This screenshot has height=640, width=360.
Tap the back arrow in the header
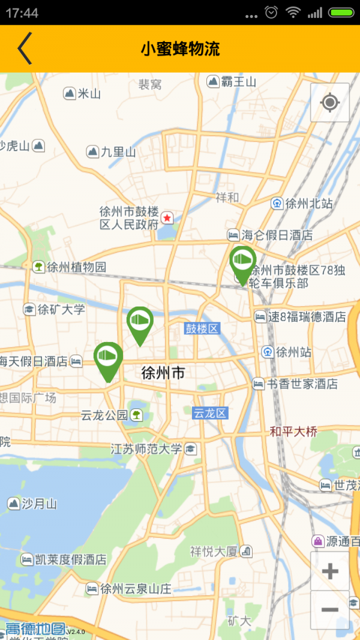(x=25, y=49)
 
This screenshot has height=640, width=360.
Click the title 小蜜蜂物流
(x=180, y=49)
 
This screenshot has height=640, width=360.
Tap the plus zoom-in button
(x=330, y=571)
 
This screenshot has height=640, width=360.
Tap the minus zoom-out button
(x=330, y=609)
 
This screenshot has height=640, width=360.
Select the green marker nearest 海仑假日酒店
(x=243, y=263)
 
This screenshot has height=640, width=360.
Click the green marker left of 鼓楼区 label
(x=140, y=323)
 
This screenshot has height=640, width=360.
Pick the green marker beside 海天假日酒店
(x=108, y=359)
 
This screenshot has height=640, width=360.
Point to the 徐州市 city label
(x=163, y=373)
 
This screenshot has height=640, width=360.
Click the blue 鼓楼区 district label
(x=202, y=328)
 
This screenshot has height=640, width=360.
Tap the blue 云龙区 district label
(x=210, y=413)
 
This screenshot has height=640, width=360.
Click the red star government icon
(x=167, y=217)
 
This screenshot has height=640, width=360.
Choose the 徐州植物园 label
(x=76, y=267)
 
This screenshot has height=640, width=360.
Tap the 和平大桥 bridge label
(x=293, y=431)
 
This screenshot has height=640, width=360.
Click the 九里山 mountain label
(x=118, y=152)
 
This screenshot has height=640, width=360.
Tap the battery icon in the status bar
(x=341, y=12)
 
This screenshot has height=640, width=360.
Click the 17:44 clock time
(x=22, y=13)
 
